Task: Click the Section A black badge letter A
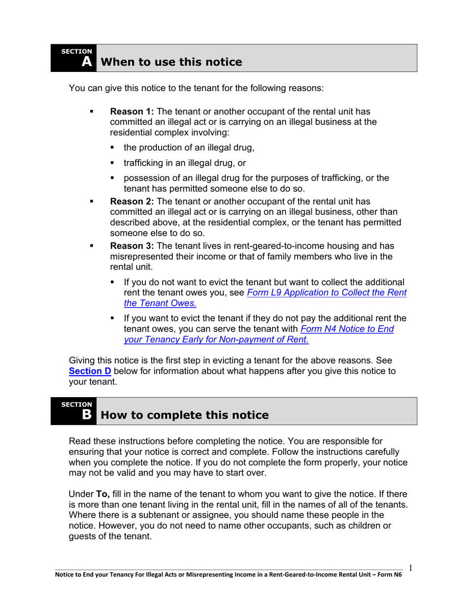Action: [x=86, y=61]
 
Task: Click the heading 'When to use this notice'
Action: [x=171, y=62]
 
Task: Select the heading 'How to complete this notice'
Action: [x=184, y=415]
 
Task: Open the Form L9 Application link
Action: [x=327, y=293]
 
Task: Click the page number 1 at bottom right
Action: [x=410, y=569]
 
